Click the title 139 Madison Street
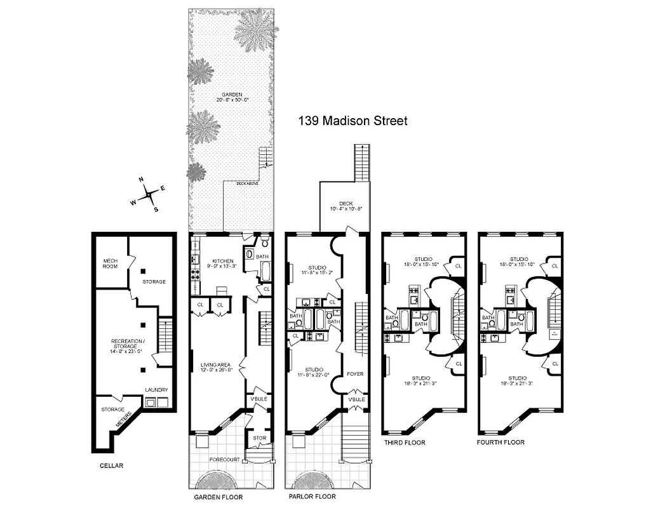(x=353, y=121)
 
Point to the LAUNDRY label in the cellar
(x=156, y=390)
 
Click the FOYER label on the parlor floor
(x=354, y=374)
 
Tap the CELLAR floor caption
(x=111, y=465)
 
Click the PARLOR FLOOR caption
(x=312, y=497)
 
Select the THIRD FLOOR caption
(x=404, y=442)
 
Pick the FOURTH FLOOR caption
(x=502, y=442)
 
